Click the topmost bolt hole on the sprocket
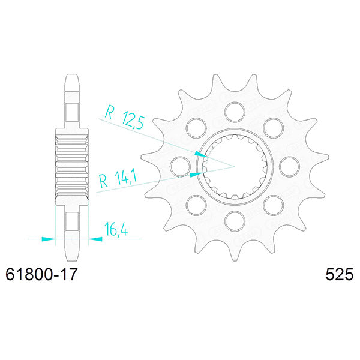(x=235, y=110)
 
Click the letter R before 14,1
(x=104, y=179)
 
